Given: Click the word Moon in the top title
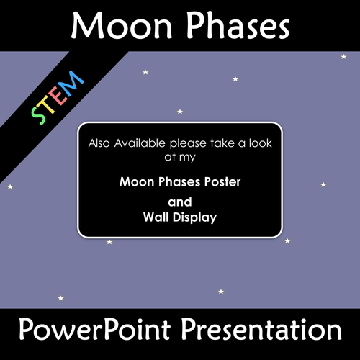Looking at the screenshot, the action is [x=122, y=26].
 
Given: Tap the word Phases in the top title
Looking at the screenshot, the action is [x=238, y=25].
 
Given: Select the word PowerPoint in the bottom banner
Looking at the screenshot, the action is [x=95, y=330].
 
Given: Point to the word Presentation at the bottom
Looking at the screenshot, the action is [x=261, y=329].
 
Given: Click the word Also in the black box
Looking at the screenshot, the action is [x=99, y=143].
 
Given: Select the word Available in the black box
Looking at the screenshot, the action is [x=140, y=143].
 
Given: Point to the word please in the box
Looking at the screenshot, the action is [x=188, y=144].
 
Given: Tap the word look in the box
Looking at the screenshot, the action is [x=261, y=143].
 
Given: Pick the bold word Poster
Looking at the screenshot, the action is [x=222, y=182].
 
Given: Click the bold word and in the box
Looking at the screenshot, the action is [x=180, y=202].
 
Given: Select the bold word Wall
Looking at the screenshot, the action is [x=156, y=217].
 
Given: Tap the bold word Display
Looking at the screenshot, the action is [x=195, y=218].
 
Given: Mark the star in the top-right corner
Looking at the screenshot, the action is [x=343, y=57].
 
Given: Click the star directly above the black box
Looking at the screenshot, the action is [x=180, y=112].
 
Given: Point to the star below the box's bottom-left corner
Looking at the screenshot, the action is [x=109, y=242].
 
